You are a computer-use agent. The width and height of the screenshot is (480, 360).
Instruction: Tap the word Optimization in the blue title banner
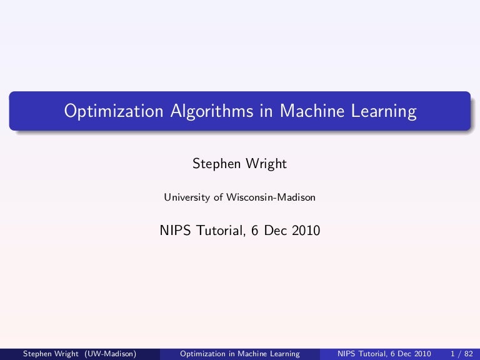click(x=114, y=111)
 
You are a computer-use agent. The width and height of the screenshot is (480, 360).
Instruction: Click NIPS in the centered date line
click(x=176, y=231)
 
